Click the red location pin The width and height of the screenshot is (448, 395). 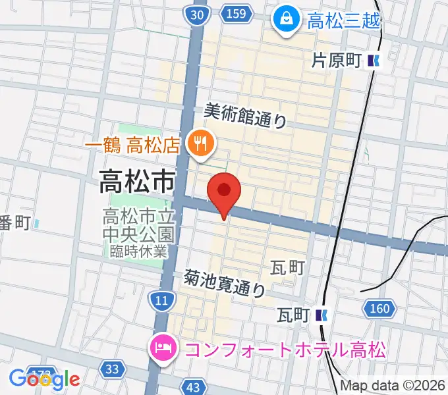[224, 192]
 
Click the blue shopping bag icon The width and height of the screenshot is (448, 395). [287, 18]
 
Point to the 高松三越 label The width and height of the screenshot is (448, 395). [344, 20]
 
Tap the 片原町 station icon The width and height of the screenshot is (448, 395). [374, 61]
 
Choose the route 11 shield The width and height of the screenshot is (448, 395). [161, 301]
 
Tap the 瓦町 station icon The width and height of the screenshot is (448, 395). [322, 315]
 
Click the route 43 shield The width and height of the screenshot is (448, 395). [193, 387]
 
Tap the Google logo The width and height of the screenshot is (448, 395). [44, 379]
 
